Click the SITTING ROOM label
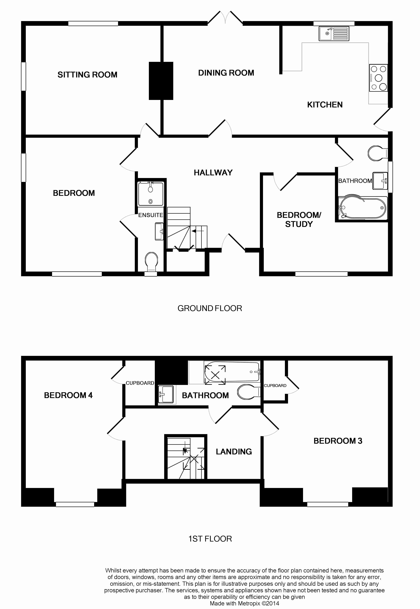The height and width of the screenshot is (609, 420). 87,75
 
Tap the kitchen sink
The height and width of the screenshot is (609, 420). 334,34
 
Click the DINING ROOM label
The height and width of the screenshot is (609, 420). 226,73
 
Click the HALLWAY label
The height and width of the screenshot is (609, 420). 213,173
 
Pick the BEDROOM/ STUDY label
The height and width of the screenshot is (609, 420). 299,220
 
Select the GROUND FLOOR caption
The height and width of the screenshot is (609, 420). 210,308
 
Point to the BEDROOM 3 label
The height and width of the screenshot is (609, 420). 338,441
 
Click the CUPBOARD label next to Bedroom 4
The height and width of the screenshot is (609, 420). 140,383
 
